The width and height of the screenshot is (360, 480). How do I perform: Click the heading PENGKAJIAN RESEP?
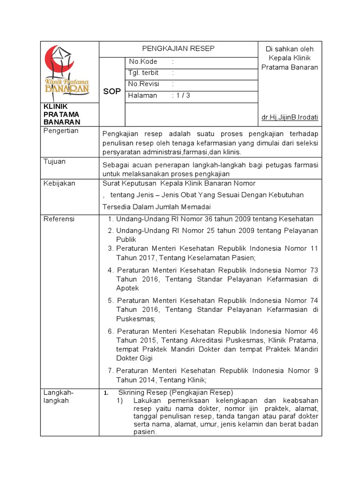pyautogui.click(x=179, y=49)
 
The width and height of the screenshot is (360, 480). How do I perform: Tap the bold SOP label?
pyautogui.click(x=112, y=91)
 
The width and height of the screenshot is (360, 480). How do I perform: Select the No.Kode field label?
pyautogui.click(x=143, y=62)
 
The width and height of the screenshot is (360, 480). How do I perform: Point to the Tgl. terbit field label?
pyautogui.click(x=143, y=73)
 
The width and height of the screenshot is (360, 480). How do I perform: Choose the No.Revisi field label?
pyautogui.click(x=144, y=84)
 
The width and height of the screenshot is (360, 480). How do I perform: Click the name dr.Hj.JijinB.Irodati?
pyautogui.click(x=289, y=117)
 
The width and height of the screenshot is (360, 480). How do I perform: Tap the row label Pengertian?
pyautogui.click(x=61, y=131)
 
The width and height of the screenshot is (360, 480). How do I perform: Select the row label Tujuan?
pyautogui.click(x=54, y=162)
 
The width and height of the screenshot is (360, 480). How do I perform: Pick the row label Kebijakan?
pyautogui.click(x=59, y=183)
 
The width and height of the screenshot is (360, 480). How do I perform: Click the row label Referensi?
pyautogui.click(x=59, y=219)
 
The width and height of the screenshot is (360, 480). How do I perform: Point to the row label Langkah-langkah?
pyautogui.click(x=59, y=397)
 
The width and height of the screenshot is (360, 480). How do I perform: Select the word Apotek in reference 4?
pyautogui.click(x=127, y=288)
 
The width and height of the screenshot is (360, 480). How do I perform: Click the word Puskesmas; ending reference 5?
pyautogui.click(x=135, y=319)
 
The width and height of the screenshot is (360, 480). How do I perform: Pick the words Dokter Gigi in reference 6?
pyautogui.click(x=134, y=358)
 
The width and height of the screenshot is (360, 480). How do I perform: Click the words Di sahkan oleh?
pyautogui.click(x=289, y=49)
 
